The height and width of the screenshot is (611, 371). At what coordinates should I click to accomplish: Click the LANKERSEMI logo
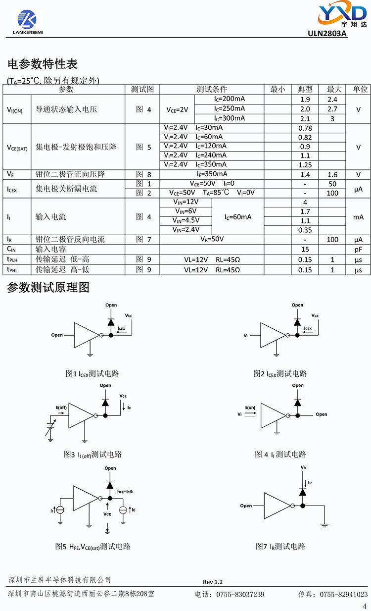pos(28,22)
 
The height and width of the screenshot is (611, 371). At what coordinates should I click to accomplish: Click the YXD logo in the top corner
pos(342,14)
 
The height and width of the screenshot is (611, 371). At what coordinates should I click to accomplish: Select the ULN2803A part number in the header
pos(327,33)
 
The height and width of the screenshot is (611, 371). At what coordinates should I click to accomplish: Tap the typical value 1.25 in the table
pos(305,165)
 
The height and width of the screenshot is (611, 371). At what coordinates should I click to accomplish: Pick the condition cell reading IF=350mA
pos(212,174)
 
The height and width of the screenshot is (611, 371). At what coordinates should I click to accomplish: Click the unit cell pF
pos(358,250)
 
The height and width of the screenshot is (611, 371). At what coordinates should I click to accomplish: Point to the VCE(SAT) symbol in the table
pos(17,148)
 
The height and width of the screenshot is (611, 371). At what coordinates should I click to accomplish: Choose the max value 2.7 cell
pos(332,109)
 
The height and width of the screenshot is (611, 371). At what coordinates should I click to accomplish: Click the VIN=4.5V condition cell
pos(185,220)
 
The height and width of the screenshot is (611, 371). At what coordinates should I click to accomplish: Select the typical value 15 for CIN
pos(305,250)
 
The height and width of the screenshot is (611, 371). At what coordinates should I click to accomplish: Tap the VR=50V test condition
pos(212,239)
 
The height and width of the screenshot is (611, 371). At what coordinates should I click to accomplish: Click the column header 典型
pos(305,89)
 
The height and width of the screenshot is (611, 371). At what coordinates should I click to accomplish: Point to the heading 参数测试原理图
pos(48,288)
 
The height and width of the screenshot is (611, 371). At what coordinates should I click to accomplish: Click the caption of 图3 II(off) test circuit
pos(93,454)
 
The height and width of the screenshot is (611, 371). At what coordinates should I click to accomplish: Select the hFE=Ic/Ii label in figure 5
pos(125,492)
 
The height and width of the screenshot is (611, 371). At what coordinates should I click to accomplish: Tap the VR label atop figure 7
pos(303,467)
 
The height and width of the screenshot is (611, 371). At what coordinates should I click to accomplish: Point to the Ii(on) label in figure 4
pos(250,407)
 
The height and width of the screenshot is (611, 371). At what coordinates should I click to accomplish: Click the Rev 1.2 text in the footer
pos(213,582)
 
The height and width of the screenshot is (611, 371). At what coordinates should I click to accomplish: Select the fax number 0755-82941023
pos(344,594)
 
